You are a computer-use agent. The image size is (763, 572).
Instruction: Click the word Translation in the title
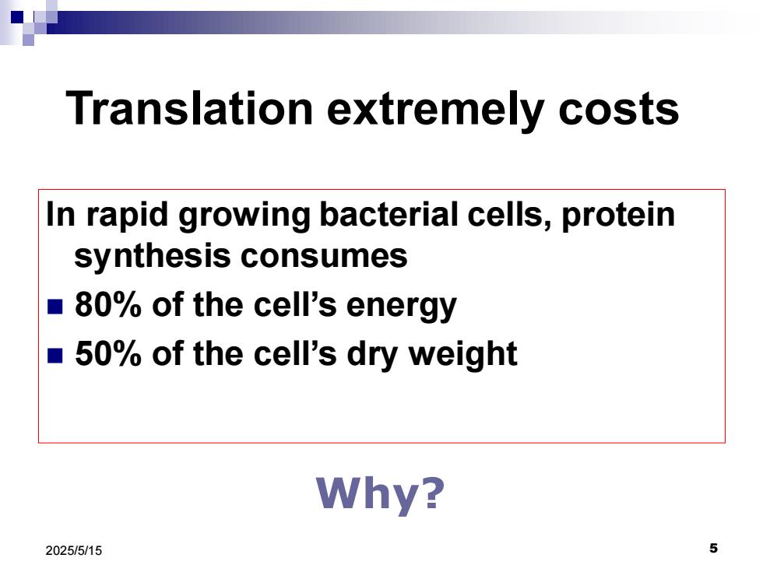click(189, 108)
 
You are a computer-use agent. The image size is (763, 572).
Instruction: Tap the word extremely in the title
click(435, 112)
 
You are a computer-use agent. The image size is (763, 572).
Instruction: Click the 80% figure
click(107, 305)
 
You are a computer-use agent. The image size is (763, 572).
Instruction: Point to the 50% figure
click(107, 353)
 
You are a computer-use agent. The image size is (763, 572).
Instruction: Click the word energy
click(402, 307)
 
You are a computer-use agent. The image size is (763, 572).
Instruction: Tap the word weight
click(462, 355)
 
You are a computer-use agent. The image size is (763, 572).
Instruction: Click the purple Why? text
click(380, 493)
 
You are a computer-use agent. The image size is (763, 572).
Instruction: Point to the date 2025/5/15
click(74, 551)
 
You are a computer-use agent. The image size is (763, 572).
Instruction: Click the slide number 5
click(713, 548)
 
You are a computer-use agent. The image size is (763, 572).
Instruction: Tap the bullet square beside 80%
click(55, 307)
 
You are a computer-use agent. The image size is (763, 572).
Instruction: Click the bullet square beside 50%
click(55, 356)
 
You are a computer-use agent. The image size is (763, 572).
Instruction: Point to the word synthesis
click(151, 257)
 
